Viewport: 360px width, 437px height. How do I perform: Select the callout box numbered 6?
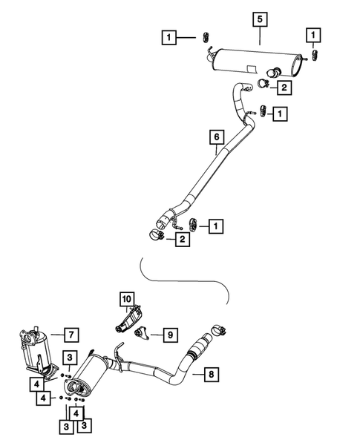pos(216,137)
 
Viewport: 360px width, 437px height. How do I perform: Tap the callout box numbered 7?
pos(70,334)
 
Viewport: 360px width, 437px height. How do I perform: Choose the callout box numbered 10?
pos(126,299)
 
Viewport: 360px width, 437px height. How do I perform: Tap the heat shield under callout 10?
pos(128,321)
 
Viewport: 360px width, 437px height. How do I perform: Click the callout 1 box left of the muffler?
pos(171,37)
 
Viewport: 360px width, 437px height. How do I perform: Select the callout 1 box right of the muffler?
pos(315,35)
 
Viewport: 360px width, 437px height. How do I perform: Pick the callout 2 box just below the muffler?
pos(283,88)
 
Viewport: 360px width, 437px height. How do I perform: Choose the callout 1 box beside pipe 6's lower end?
pos(215,224)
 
